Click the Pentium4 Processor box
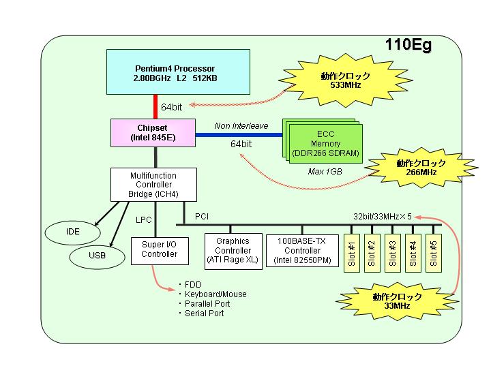(x=178, y=72)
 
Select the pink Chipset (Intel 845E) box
(x=153, y=133)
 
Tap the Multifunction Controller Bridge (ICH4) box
(x=153, y=185)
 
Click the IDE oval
(x=73, y=232)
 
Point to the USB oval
(x=97, y=256)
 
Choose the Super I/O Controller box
(x=160, y=251)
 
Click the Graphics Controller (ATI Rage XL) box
(x=233, y=251)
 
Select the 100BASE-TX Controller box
(x=303, y=251)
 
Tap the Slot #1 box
(x=352, y=253)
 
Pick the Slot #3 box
(x=393, y=253)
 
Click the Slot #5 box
(x=434, y=253)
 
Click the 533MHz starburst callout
(x=346, y=80)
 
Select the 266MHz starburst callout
(x=421, y=168)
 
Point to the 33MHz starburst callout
(x=397, y=301)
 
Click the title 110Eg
(x=408, y=45)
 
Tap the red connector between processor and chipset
(x=155, y=107)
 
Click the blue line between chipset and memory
(x=239, y=135)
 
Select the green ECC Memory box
(x=326, y=144)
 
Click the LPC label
(x=144, y=220)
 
